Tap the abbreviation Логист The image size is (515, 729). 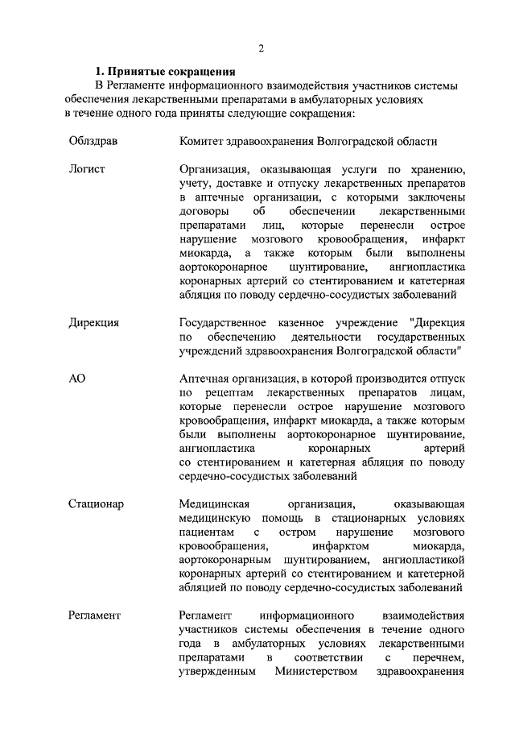tap(87, 169)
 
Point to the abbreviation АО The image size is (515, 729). tap(76, 379)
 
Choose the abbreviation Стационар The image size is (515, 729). tap(96, 504)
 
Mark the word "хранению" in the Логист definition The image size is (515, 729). tap(438, 169)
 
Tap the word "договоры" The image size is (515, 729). tap(203, 212)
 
